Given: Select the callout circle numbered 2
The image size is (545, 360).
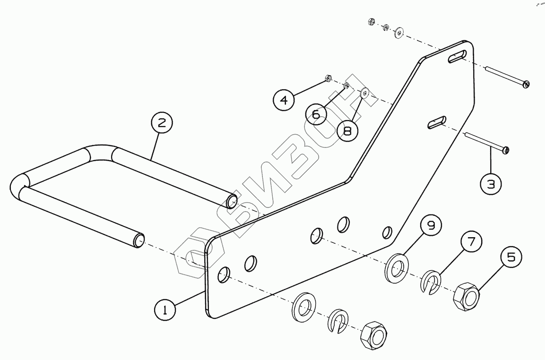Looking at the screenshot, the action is click(162, 123).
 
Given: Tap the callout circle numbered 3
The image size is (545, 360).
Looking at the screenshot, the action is click(491, 184).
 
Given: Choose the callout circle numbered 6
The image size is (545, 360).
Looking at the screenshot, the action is click(316, 113).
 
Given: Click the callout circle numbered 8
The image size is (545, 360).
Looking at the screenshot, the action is click(347, 130).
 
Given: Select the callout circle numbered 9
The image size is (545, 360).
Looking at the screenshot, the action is click(431, 226).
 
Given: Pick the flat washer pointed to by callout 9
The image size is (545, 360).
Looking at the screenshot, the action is click(398, 269).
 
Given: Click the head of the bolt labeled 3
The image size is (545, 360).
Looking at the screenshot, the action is click(506, 151).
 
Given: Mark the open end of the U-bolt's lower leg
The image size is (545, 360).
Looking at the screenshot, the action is click(138, 240).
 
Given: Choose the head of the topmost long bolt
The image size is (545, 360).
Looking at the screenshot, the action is click(527, 84).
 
